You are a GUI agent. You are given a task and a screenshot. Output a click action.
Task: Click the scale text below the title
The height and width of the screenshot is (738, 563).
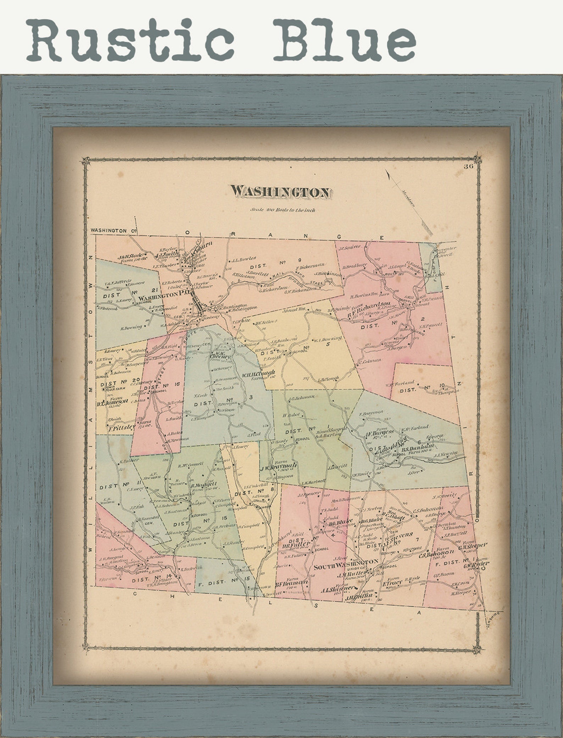tap(283, 210)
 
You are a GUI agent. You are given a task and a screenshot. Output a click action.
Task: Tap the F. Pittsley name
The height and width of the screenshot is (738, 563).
tap(122, 428)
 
